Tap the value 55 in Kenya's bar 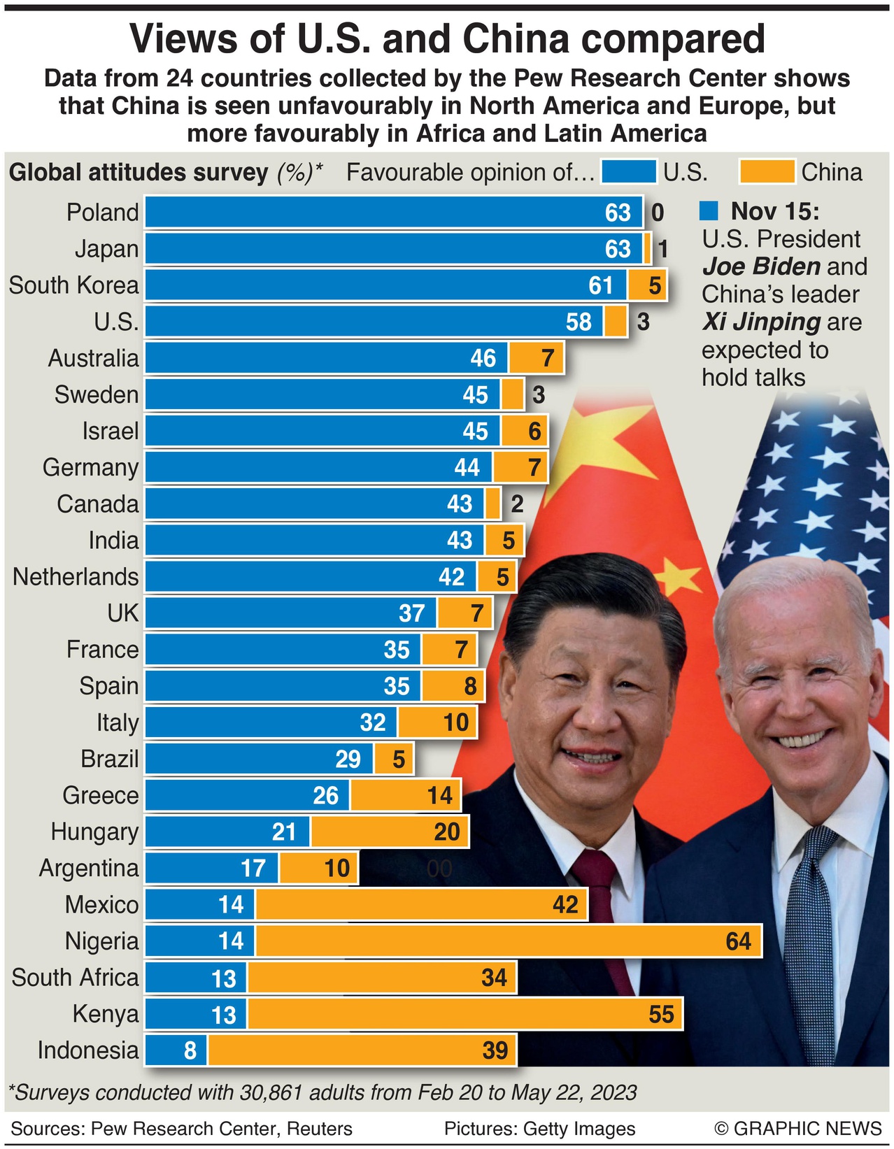click(661, 1014)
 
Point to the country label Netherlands click(76, 577)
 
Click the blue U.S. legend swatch click(629, 172)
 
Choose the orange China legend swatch click(767, 172)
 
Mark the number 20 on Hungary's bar click(446, 832)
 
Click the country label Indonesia click(88, 1050)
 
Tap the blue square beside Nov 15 click(709, 211)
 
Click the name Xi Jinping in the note click(761, 322)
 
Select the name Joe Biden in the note click(761, 266)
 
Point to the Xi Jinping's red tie click(600, 909)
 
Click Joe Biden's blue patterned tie click(811, 944)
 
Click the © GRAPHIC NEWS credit click(797, 1129)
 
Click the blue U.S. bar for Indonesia click(176, 1050)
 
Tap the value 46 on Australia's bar click(483, 358)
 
